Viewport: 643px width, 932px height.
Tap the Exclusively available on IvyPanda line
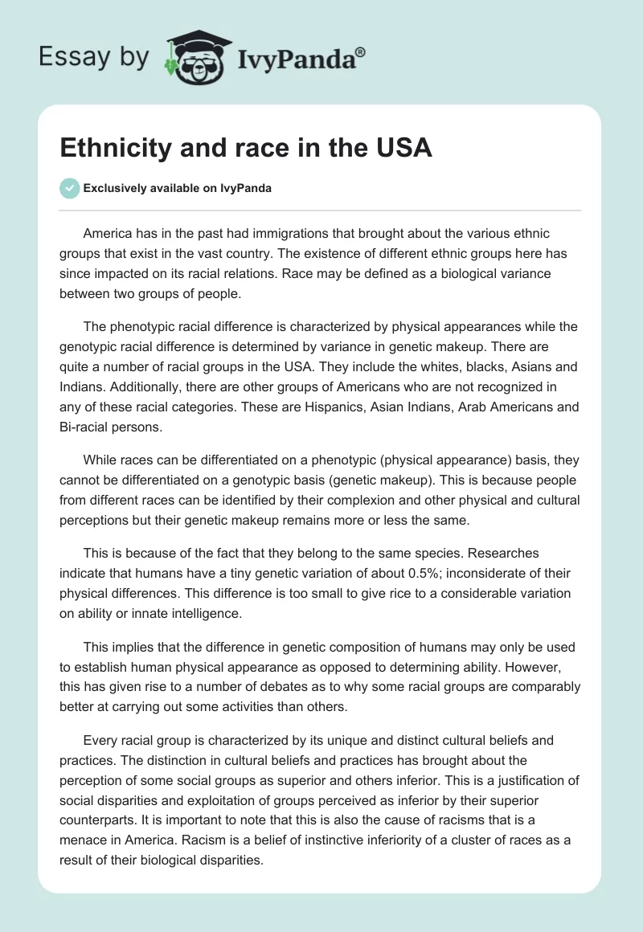click(178, 189)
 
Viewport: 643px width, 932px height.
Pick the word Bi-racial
click(88, 427)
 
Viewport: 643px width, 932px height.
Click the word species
click(408, 554)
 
